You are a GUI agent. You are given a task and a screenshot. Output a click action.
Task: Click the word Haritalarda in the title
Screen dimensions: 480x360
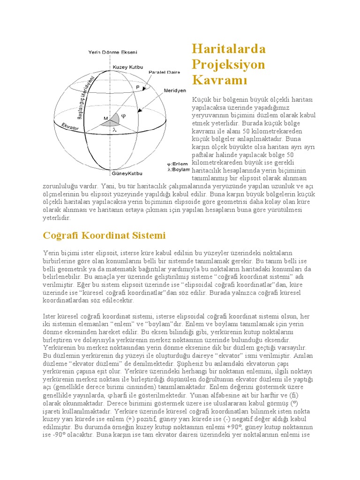coord(229,49)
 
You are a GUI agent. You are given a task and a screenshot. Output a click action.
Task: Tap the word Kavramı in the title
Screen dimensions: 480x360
coord(219,80)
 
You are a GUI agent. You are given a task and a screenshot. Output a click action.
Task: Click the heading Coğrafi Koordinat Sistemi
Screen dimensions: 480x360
coord(104,235)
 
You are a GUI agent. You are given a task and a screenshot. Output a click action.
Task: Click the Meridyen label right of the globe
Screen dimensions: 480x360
coord(175,90)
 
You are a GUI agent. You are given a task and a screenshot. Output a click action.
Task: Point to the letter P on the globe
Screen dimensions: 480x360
coord(137,87)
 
